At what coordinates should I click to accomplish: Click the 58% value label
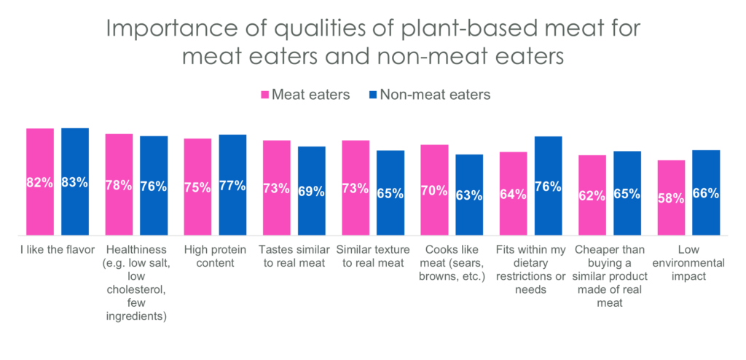(x=671, y=198)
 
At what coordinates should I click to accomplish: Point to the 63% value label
(x=469, y=195)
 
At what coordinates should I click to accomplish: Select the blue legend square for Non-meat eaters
(x=373, y=95)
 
